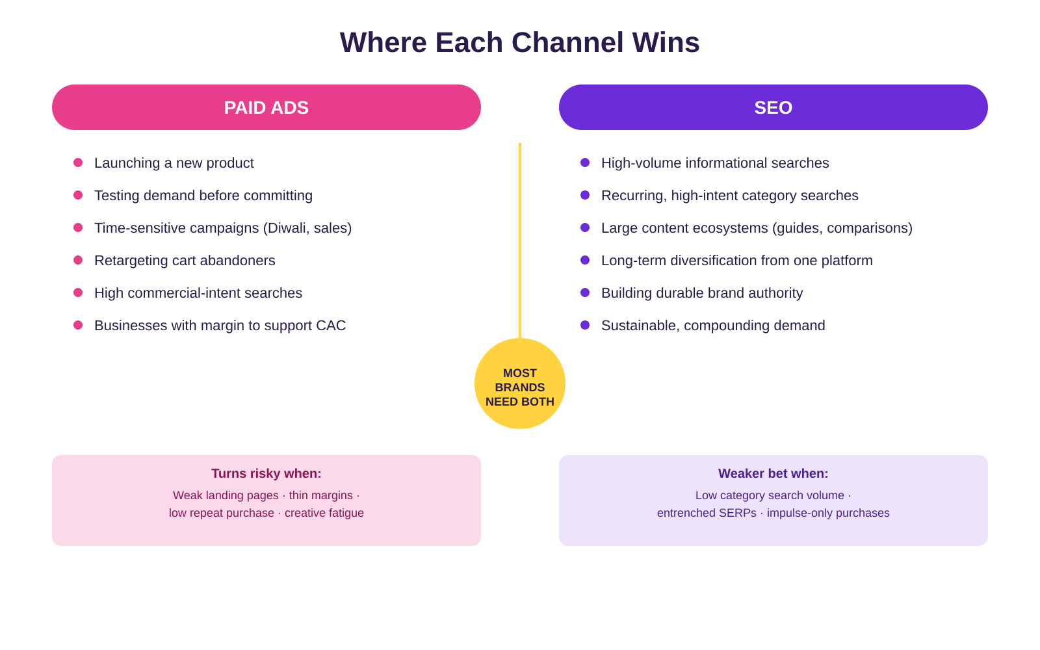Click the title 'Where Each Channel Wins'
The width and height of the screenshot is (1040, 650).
(519, 42)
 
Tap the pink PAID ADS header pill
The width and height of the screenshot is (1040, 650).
(266, 107)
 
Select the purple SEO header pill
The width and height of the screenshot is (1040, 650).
(773, 107)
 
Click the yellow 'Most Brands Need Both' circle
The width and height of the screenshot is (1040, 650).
(520, 383)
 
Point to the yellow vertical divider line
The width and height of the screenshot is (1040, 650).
(520, 240)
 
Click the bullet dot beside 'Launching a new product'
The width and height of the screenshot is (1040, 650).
(78, 162)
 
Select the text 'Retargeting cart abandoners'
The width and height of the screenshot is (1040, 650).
(185, 261)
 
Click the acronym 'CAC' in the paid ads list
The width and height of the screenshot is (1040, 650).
(331, 326)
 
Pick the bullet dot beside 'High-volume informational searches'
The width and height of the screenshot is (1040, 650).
(585, 162)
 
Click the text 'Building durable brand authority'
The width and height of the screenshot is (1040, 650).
(702, 293)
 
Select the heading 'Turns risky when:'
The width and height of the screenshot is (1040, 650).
(266, 474)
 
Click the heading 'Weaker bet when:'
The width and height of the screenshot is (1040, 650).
(773, 474)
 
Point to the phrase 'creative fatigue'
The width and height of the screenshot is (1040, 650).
(324, 513)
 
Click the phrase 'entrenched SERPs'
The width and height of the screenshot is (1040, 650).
(707, 513)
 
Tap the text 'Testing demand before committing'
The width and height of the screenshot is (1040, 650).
(203, 196)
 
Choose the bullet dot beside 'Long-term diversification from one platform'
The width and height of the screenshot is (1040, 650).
(585, 260)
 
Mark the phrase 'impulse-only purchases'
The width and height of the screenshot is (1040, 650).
(828, 513)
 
